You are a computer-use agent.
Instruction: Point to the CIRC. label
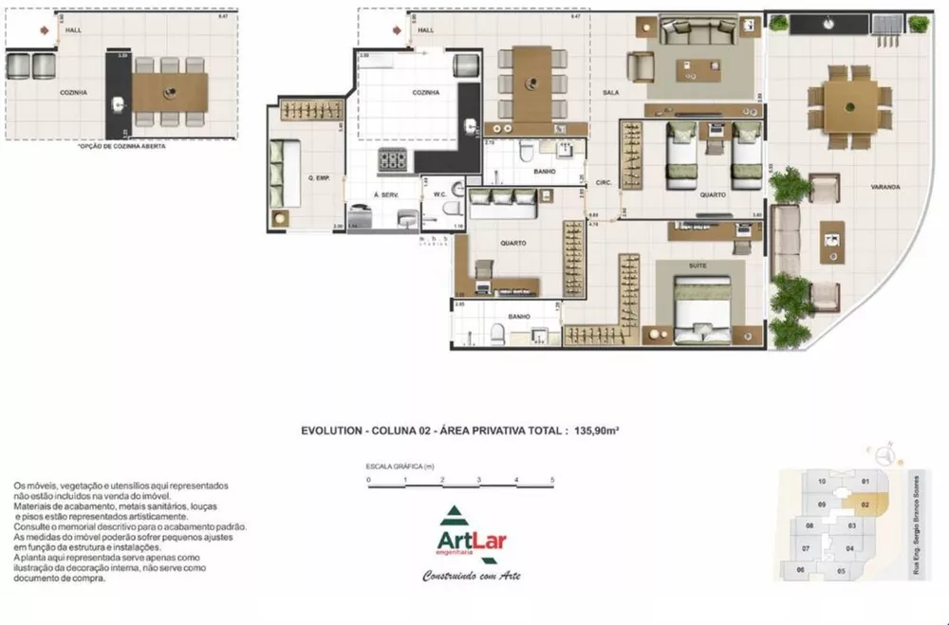[602, 181]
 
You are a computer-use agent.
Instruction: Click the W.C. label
[439, 196]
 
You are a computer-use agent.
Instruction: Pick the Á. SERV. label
[386, 194]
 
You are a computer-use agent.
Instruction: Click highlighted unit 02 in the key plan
[865, 506]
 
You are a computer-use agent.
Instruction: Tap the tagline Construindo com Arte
[472, 576]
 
